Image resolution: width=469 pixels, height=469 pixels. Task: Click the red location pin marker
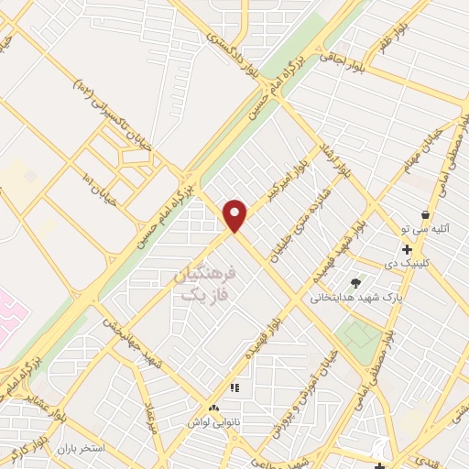tap(236, 215)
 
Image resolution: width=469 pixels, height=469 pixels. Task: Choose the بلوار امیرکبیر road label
tap(285, 184)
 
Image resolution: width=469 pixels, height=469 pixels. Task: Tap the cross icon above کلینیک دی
tap(407, 249)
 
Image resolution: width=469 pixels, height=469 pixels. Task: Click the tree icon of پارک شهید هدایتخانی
tap(355, 282)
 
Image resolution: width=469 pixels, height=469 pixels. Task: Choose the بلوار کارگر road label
tap(27, 448)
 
